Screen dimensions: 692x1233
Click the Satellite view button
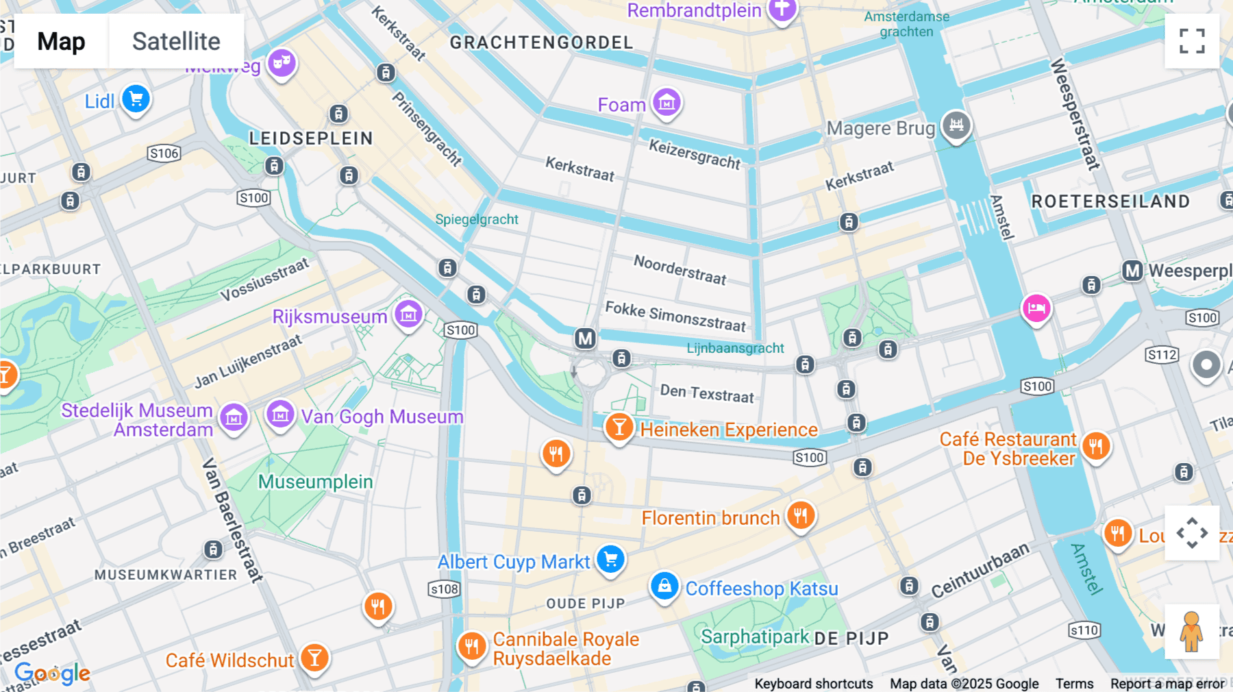tap(176, 42)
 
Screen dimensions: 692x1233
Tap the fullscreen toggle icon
tap(1192, 41)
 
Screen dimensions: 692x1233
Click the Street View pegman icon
tap(1191, 632)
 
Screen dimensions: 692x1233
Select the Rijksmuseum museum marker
tap(409, 315)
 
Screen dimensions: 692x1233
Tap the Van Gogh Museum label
tap(382, 417)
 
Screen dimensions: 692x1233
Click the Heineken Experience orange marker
tap(619, 428)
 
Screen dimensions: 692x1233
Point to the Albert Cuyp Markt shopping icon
tap(610, 560)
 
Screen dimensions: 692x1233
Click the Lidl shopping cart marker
tap(136, 99)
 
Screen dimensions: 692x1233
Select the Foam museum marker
tap(667, 103)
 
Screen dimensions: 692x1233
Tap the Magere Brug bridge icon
tap(956, 125)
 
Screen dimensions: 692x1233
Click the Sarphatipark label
tap(755, 637)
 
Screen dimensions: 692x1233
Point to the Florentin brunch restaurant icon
tap(800, 515)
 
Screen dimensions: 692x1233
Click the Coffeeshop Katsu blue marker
tap(664, 586)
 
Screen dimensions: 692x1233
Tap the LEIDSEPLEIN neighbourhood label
tap(311, 138)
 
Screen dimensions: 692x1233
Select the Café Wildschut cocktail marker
tap(314, 658)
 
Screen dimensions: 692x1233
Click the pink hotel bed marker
tap(1036, 308)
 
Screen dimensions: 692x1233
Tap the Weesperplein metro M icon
tap(1132, 271)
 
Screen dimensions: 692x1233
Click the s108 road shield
tap(444, 589)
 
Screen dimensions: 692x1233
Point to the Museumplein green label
tap(315, 482)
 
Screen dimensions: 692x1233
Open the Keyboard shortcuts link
tap(813, 683)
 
